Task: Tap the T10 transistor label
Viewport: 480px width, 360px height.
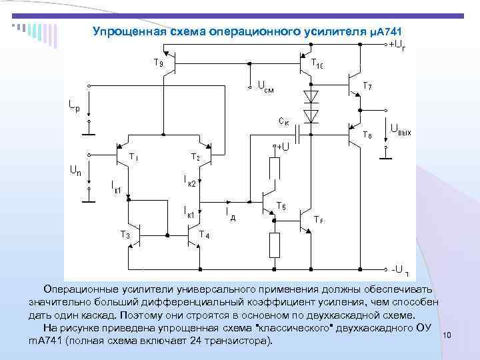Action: [317, 63]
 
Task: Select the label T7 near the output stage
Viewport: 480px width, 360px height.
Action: [367, 85]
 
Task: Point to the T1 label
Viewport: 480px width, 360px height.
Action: [134, 157]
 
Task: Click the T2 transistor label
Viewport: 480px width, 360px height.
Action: [195, 157]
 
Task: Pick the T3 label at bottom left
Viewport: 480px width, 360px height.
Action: [125, 234]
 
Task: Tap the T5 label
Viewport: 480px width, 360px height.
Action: [281, 206]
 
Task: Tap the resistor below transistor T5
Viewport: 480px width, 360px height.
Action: [274, 245]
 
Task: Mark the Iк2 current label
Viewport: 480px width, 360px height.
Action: [189, 181]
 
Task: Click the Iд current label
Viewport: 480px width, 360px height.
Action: [230, 213]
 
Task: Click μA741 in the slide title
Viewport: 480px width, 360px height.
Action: [387, 31]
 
